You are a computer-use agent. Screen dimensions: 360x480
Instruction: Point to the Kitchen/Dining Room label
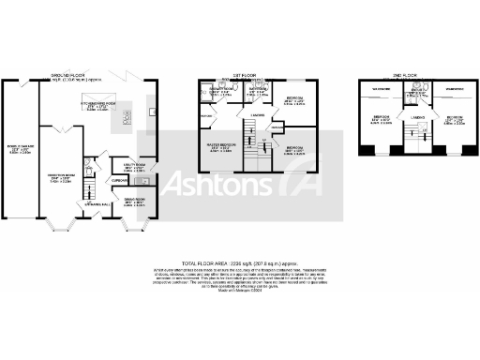pos(103,106)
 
